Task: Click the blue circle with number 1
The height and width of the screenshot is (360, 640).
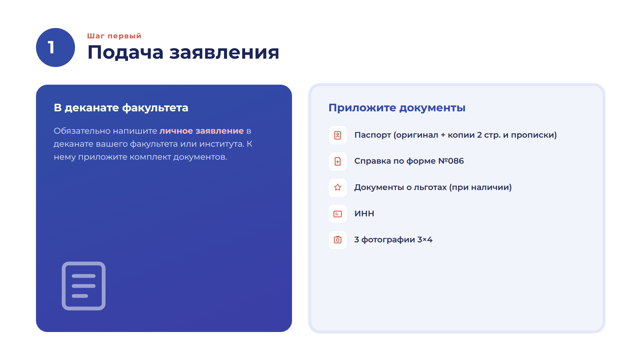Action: (55, 47)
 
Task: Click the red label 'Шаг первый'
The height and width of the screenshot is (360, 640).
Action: (114, 36)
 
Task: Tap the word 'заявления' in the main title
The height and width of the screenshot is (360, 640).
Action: (224, 52)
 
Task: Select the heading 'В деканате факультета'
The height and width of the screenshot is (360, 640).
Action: (121, 108)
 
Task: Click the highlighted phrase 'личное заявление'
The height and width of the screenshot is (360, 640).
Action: (202, 131)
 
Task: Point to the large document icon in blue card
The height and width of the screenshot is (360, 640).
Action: (84, 286)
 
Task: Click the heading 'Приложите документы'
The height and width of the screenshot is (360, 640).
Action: (397, 108)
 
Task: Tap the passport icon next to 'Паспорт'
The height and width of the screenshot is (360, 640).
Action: (338, 135)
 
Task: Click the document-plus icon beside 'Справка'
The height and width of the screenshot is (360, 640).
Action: (338, 161)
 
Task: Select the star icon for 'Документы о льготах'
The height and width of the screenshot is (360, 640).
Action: (338, 188)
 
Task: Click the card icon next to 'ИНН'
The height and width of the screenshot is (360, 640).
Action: (338, 214)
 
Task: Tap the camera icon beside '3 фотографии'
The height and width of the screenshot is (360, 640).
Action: (338, 240)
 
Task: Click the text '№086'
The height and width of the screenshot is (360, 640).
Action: (451, 161)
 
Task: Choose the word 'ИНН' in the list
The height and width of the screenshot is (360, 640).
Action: (364, 214)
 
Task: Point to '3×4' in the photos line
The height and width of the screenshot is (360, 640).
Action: (425, 240)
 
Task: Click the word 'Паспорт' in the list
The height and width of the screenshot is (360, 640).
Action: (373, 135)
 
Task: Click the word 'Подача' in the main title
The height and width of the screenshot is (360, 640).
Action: (126, 53)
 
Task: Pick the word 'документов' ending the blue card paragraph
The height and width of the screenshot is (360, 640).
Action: (200, 157)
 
